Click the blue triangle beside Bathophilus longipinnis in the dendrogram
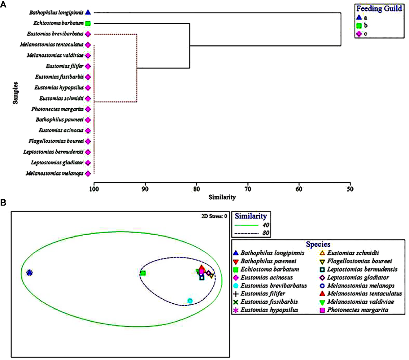coord(88,12)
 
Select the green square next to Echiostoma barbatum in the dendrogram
coord(88,23)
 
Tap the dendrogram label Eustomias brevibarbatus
coord(55,34)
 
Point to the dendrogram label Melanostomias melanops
coord(54,174)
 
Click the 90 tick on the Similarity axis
coord(145,189)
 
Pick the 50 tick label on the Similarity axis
coord(350,189)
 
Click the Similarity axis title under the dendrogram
coord(222,197)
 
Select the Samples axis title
coord(15,93)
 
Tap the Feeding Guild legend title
coord(379,9)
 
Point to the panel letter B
coord(3,203)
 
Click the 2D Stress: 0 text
coord(214,216)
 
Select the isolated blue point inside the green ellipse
coord(29,273)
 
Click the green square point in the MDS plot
coord(143,273)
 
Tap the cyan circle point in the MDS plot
coord(190,301)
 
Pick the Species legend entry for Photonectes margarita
coord(354,310)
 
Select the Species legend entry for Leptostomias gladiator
coord(354,278)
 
